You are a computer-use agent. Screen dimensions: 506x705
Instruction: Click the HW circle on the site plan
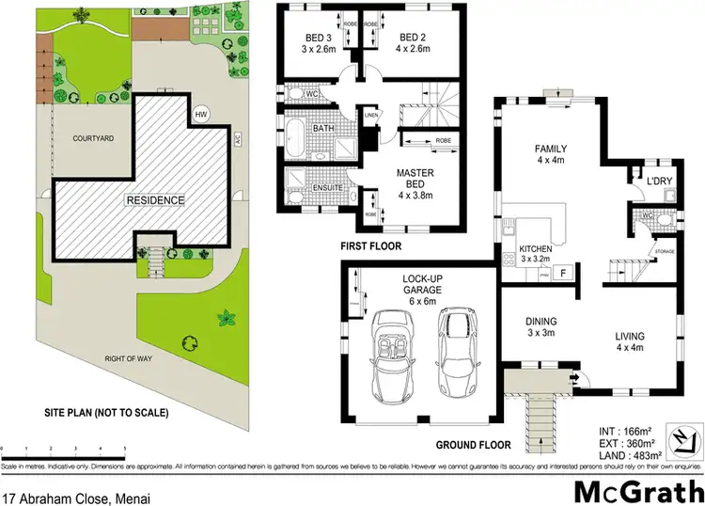pyautogui.click(x=199, y=115)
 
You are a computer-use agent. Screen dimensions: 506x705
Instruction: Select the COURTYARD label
pyautogui.click(x=93, y=138)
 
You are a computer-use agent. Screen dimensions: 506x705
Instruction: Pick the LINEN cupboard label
pyautogui.click(x=372, y=115)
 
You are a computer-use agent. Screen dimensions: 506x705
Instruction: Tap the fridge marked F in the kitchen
pyautogui.click(x=562, y=274)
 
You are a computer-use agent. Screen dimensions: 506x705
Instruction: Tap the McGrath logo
pyautogui.click(x=635, y=490)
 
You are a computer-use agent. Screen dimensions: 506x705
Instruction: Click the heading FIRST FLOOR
pyautogui.click(x=369, y=246)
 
